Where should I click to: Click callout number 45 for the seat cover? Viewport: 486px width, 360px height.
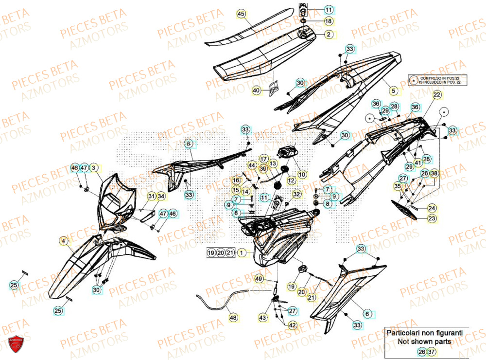[x=241, y=15]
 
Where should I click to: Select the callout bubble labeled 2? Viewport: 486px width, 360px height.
[x=329, y=35]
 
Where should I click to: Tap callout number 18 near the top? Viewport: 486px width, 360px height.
[x=329, y=21]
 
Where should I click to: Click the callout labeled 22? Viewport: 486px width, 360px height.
[x=436, y=94]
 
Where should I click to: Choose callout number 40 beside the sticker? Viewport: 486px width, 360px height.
[x=256, y=90]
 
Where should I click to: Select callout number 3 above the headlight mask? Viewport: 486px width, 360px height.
[x=94, y=168]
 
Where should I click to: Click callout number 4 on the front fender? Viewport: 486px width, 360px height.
[x=63, y=240]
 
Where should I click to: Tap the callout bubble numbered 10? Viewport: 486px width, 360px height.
[x=301, y=174]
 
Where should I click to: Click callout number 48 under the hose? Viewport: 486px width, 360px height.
[x=233, y=318]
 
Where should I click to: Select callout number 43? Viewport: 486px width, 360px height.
[x=263, y=318]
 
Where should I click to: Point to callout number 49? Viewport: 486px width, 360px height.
[x=259, y=279]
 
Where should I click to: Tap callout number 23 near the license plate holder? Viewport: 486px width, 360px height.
[x=432, y=219]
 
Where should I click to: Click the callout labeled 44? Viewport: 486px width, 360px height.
[x=251, y=166]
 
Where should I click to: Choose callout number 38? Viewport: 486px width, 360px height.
[x=434, y=173]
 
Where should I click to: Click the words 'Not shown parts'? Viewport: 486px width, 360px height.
[x=424, y=342]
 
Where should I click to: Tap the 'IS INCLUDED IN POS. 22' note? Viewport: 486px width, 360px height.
[x=441, y=83]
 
